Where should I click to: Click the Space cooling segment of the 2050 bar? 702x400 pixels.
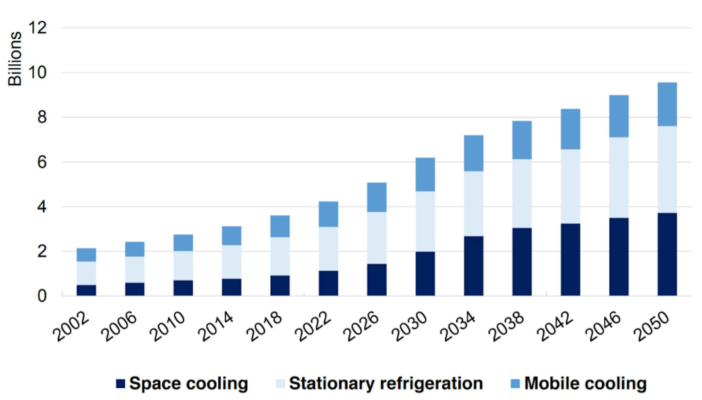point(667,254)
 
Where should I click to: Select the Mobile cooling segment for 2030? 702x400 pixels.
point(425,175)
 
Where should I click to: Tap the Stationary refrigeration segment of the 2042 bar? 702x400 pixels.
point(570,186)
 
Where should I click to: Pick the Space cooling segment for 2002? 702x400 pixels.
point(86,290)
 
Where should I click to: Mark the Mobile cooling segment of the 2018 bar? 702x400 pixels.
point(280,226)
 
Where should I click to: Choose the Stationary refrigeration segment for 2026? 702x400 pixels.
point(376,238)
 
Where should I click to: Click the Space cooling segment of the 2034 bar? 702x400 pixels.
point(473,266)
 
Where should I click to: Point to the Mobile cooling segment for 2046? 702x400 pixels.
point(619,116)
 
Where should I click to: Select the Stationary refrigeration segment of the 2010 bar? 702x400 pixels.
point(183,266)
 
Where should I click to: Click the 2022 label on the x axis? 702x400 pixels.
point(313,327)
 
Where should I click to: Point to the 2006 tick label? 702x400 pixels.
point(119,327)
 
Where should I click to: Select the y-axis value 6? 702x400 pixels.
point(42,162)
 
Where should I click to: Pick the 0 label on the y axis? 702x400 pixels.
point(42,296)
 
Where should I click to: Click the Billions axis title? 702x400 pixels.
point(15,59)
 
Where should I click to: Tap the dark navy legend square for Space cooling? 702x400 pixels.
point(121,384)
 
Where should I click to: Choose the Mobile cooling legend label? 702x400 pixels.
point(585,384)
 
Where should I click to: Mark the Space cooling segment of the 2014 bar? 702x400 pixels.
point(231,287)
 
